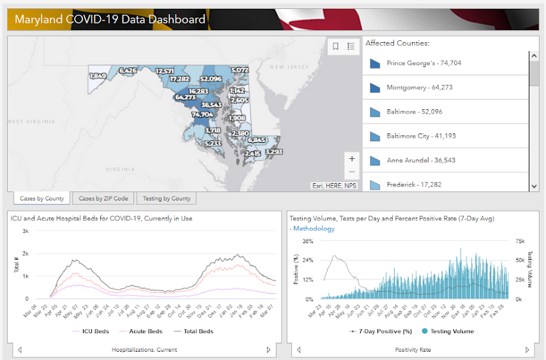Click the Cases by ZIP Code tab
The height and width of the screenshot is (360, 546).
click(103, 199)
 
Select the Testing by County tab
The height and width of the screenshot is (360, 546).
click(166, 199)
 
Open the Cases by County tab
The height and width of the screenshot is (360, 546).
click(42, 199)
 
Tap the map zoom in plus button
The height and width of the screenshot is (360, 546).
click(352, 158)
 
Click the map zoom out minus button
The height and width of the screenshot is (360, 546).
click(352, 172)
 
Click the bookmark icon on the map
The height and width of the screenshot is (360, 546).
click(336, 46)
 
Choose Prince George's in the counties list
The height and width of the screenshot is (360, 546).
click(423, 63)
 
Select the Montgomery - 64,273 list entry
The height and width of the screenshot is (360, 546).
click(419, 87)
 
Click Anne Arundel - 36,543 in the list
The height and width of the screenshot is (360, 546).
click(421, 160)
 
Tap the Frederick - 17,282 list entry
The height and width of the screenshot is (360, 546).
click(414, 184)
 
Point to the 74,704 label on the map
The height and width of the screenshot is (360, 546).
click(202, 115)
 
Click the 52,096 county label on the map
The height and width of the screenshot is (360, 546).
click(211, 79)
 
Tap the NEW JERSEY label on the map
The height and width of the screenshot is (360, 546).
click(289, 66)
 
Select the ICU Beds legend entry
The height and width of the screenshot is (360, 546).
click(93, 331)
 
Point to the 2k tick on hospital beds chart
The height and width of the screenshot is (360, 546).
click(26, 253)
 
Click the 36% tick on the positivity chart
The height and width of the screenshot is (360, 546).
click(307, 242)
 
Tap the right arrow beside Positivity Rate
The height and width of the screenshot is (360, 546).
click(527, 350)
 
